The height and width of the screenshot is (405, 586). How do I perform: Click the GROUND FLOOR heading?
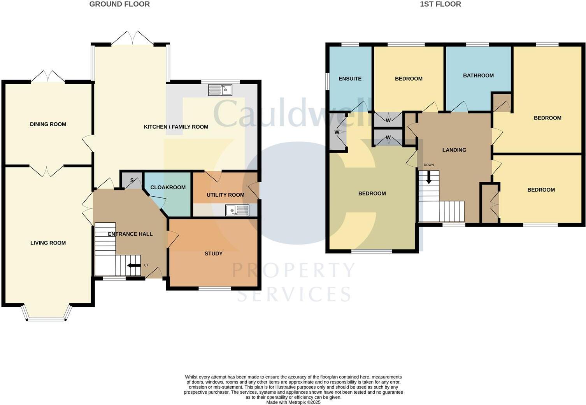pyautogui.click(x=119, y=4)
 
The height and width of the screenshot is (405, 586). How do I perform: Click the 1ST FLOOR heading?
pyautogui.click(x=440, y=4)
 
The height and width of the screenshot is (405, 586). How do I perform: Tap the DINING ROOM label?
pyautogui.click(x=48, y=124)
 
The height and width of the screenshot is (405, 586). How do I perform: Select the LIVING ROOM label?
pyautogui.click(x=48, y=243)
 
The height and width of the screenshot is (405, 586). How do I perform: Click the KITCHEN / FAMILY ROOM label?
pyautogui.click(x=176, y=127)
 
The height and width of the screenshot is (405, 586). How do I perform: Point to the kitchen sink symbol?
pyautogui.click(x=220, y=90)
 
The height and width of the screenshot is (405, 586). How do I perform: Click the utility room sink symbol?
pyautogui.click(x=237, y=211)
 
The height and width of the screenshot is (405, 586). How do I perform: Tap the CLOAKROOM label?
pyautogui.click(x=168, y=187)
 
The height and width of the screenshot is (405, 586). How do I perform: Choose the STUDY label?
pyautogui.click(x=214, y=254)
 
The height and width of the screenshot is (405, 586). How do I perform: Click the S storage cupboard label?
pyautogui.click(x=132, y=180)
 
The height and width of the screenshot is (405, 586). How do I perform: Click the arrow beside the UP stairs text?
pyautogui.click(x=134, y=266)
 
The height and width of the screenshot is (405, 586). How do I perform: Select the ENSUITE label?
pyautogui.click(x=350, y=79)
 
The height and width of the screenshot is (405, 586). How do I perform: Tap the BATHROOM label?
pyautogui.click(x=478, y=76)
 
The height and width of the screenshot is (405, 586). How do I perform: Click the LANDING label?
pyautogui.click(x=454, y=150)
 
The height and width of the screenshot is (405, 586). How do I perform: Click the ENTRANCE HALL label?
pyautogui.click(x=130, y=234)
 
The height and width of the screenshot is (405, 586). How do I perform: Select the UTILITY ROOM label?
pyautogui.click(x=225, y=195)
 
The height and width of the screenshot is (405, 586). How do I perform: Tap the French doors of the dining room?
pyautogui.click(x=47, y=77)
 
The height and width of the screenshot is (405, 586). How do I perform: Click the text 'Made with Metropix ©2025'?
pyautogui.click(x=293, y=402)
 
